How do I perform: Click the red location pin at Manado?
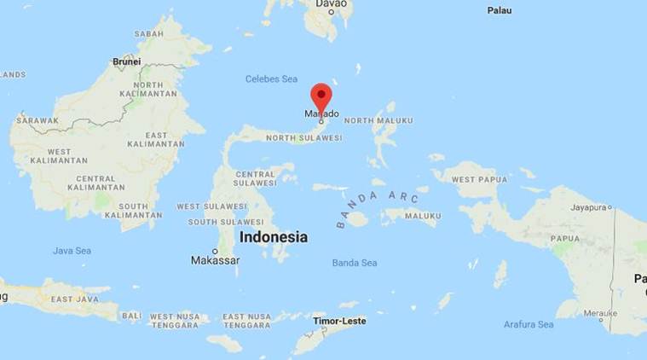(x=321, y=96)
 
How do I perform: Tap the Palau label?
(x=500, y=10)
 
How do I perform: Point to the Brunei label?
(x=127, y=61)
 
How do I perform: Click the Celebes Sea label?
(x=271, y=78)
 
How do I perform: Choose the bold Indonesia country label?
(x=273, y=237)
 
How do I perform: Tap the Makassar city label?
(x=215, y=260)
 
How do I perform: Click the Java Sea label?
(x=72, y=251)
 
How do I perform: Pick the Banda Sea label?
(x=354, y=263)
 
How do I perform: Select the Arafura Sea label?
(x=529, y=324)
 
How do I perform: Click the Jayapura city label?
(x=588, y=206)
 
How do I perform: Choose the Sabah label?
(x=148, y=34)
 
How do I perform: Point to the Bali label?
(x=131, y=316)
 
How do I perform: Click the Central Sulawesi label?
(x=254, y=179)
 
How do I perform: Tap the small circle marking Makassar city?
(x=215, y=251)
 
